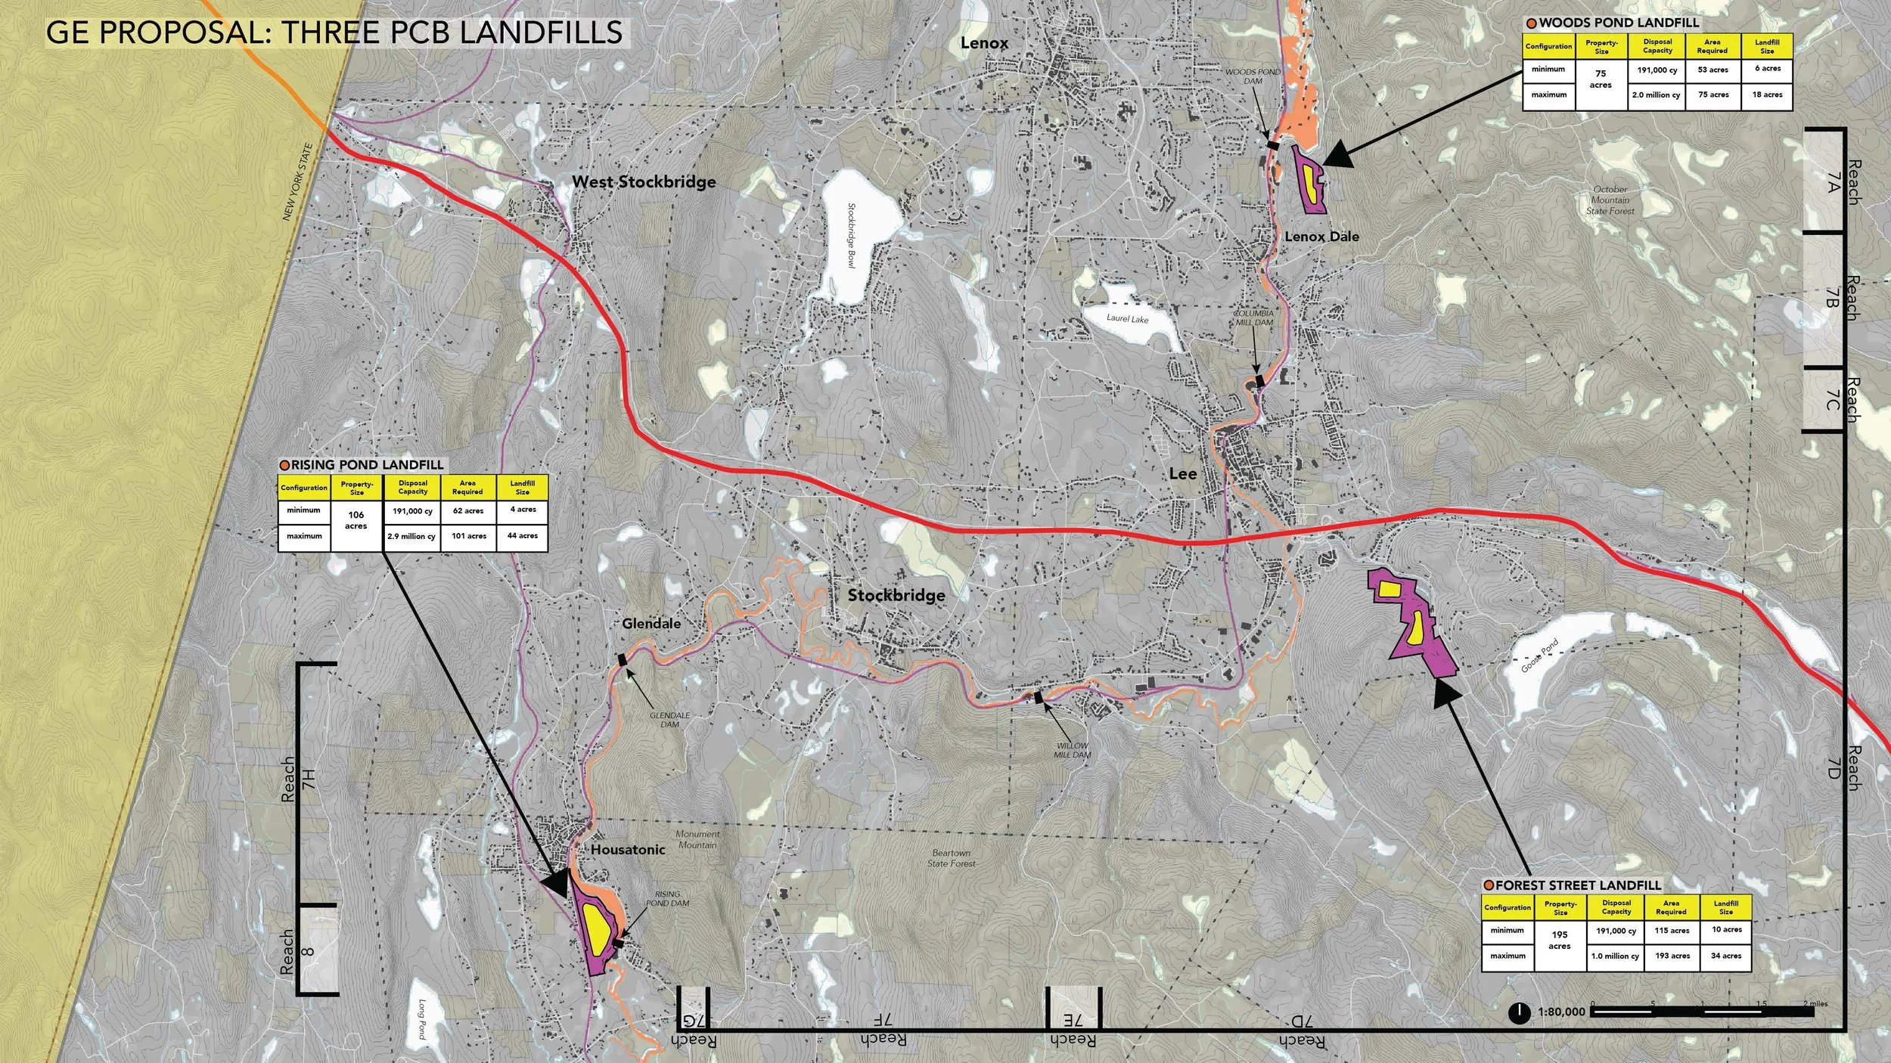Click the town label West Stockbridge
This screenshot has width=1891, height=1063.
[644, 181]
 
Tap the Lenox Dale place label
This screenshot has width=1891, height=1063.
[1321, 237]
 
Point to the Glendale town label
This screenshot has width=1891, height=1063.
[651, 624]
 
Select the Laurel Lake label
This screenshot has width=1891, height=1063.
[1127, 318]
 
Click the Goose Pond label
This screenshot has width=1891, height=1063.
[1540, 656]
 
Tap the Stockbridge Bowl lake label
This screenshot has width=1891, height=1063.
[851, 235]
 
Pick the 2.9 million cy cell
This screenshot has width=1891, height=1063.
[411, 537]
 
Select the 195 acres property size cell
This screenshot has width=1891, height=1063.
[1560, 941]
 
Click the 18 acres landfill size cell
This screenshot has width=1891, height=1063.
[1767, 95]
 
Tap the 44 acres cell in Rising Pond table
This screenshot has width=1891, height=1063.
[523, 535]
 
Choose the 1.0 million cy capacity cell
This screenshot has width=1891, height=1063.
[1615, 956]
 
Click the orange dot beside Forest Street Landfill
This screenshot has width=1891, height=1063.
[1489, 885]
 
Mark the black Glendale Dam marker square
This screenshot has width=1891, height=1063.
[623, 660]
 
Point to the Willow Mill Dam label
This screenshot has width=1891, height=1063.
[1073, 750]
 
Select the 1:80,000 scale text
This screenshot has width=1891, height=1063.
[1561, 1012]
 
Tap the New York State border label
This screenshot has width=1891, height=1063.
[297, 182]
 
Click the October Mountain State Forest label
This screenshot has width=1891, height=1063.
[1610, 200]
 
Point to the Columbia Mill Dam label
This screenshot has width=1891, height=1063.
[1253, 318]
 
